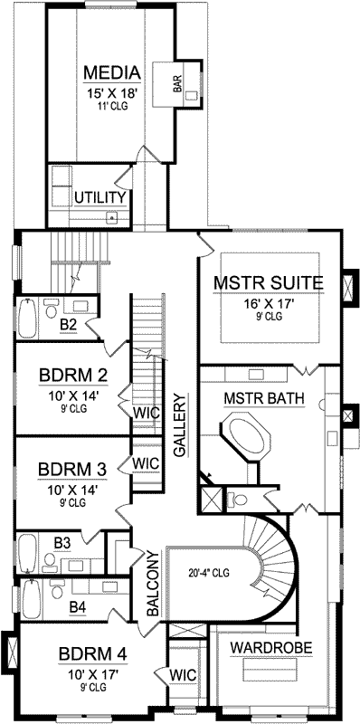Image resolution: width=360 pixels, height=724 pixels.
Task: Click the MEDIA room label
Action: coord(112,72)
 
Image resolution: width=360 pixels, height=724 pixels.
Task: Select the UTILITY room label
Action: coord(99,196)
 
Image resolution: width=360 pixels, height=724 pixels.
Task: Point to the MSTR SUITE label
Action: coord(268,284)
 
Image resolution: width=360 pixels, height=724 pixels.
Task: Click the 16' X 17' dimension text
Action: coord(268,304)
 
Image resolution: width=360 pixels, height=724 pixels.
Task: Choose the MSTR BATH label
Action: coord(263,398)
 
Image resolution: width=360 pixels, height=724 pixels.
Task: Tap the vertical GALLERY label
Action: coord(181,424)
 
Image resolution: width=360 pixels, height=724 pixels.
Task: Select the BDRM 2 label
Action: coord(74,376)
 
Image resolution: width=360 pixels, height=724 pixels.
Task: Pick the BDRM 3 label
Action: coord(74,470)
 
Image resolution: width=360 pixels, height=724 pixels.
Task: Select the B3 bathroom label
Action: coord(62,542)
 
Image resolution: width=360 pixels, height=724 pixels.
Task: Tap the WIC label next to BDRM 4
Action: coord(183,674)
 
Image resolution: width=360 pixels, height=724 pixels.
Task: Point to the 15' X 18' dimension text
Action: coord(112,93)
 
